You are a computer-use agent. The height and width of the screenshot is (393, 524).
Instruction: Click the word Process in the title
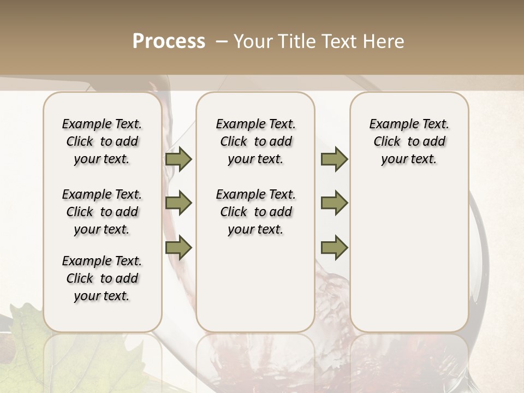(169, 41)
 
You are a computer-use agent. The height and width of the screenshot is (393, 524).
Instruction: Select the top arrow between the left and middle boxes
(178, 159)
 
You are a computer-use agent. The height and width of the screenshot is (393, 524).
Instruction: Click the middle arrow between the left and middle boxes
(178, 203)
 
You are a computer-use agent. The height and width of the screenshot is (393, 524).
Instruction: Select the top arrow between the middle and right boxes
(334, 159)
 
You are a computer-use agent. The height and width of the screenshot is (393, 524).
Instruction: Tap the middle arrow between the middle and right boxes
(334, 203)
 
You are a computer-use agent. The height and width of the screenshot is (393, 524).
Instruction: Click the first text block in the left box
(102, 141)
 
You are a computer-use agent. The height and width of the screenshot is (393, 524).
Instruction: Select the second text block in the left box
(102, 212)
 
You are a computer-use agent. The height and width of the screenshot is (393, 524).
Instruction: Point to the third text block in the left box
(102, 278)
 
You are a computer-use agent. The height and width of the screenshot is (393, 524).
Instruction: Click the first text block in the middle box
(255, 141)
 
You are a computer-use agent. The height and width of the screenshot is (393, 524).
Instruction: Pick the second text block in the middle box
(255, 212)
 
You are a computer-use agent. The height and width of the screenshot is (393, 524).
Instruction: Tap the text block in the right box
(409, 141)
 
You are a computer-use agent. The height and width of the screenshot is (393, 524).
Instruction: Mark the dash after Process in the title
(221, 41)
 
